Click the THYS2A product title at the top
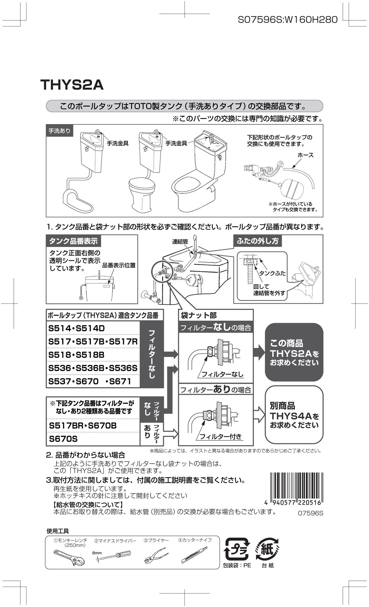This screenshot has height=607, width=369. tap(72, 85)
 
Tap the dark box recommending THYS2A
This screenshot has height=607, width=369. tap(294, 353)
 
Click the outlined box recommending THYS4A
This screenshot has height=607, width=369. tap(294, 415)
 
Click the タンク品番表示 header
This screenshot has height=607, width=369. tap(73, 241)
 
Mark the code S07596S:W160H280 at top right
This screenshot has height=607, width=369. tap(287, 20)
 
